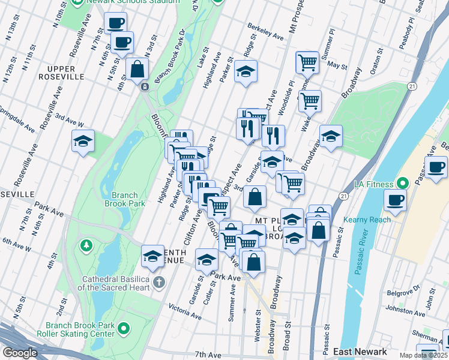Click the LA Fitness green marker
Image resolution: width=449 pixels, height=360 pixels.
coord(402,183)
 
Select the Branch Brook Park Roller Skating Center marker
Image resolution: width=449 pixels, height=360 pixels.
coord(124,328)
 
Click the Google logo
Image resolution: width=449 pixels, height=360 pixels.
coord(20,353)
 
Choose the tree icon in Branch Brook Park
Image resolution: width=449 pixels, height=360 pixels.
coord(87,245)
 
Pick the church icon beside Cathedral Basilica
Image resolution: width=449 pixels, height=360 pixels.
coord(158,282)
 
